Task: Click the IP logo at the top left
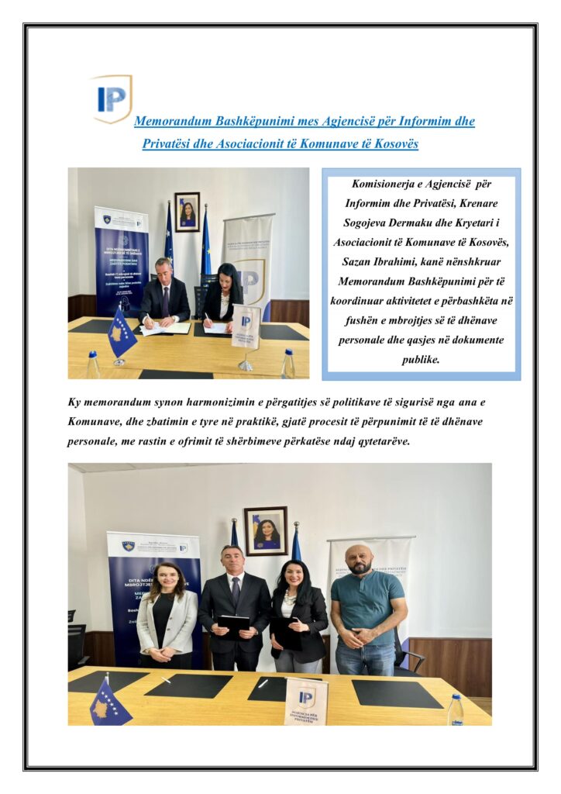pyautogui.click(x=112, y=98)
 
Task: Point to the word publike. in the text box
pyautogui.click(x=421, y=360)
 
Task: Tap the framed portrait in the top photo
pyautogui.click(x=187, y=212)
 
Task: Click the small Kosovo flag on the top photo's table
pyautogui.click(x=120, y=332)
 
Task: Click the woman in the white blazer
pyautogui.click(x=167, y=616)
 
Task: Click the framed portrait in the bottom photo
pyautogui.click(x=266, y=530)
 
